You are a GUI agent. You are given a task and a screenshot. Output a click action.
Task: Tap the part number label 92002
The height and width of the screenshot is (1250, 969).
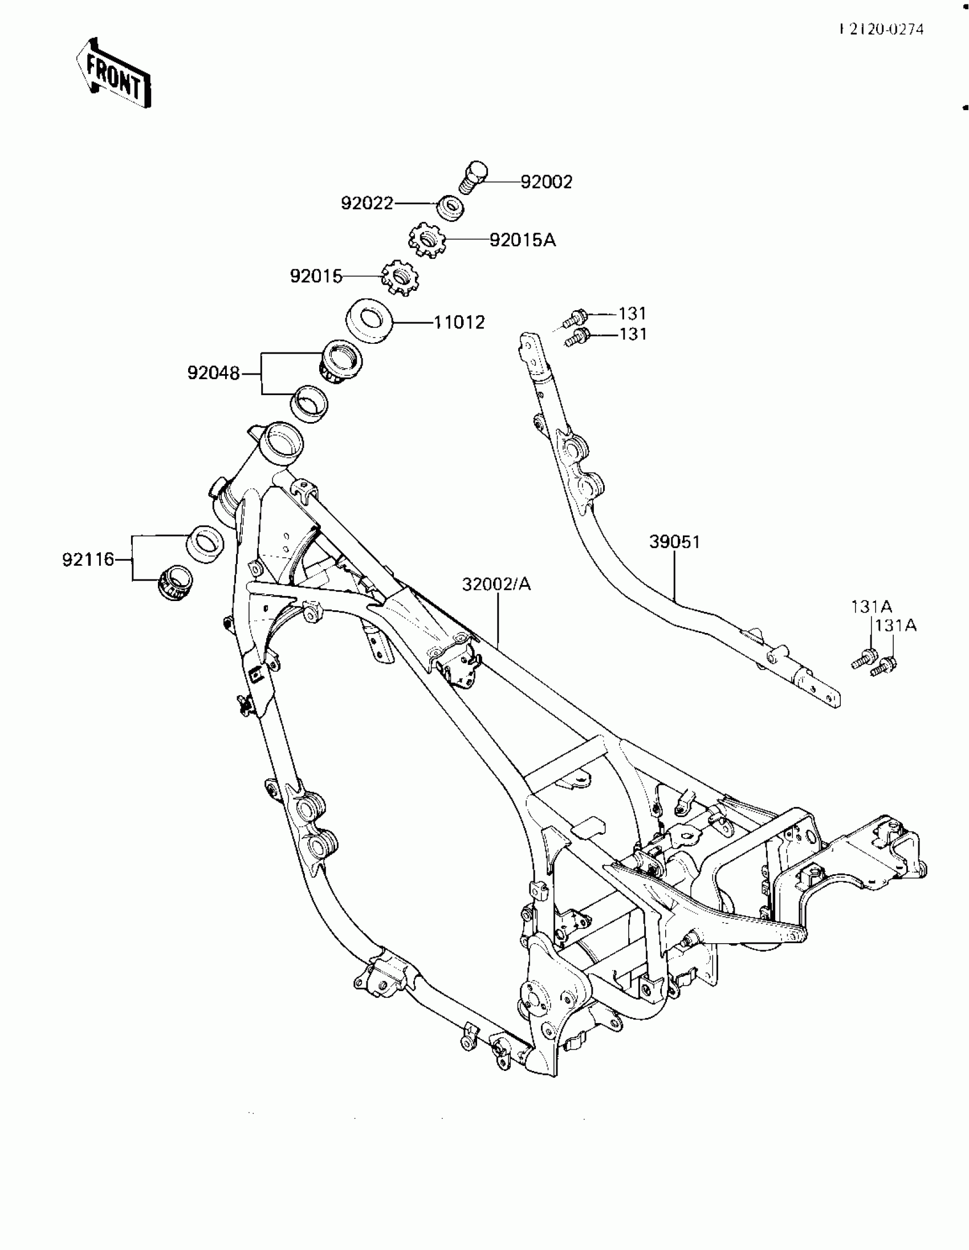click(546, 182)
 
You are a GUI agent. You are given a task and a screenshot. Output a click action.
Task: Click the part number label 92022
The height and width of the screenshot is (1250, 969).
click(367, 203)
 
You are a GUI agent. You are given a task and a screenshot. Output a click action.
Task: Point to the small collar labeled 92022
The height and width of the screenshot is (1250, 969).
click(451, 208)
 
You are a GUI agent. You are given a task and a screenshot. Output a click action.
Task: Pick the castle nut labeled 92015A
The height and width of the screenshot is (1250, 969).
click(427, 241)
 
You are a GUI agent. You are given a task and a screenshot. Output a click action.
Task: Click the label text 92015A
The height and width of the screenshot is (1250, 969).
click(522, 241)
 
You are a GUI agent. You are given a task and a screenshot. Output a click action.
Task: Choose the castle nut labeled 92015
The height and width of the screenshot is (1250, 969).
click(400, 277)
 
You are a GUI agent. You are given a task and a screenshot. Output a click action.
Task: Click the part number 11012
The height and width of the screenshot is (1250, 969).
click(459, 323)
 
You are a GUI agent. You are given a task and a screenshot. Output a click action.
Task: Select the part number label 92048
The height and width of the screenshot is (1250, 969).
click(213, 373)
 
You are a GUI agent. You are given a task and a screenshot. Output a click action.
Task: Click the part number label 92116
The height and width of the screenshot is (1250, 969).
click(88, 559)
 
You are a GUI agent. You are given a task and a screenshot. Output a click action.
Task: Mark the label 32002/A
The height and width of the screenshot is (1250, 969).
click(496, 584)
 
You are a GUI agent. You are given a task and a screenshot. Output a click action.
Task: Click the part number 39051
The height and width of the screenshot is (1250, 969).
click(674, 541)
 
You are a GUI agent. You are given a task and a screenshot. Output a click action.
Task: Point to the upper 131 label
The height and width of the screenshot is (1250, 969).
click(632, 314)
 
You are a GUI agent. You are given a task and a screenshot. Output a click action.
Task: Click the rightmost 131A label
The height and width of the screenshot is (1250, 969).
click(895, 626)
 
